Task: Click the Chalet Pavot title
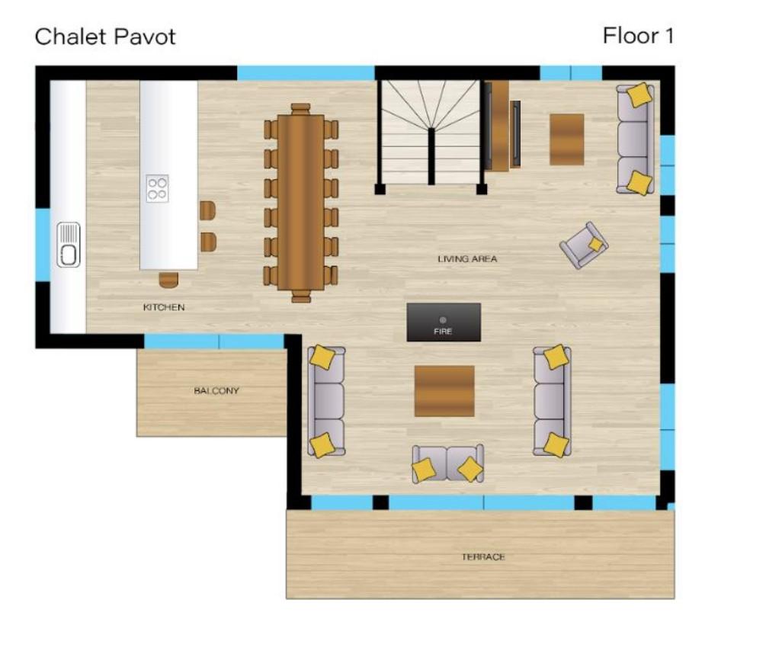pyautogui.click(x=105, y=37)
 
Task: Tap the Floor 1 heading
pyautogui.click(x=638, y=36)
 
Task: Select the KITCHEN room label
pyautogui.click(x=164, y=307)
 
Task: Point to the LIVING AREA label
pyautogui.click(x=467, y=259)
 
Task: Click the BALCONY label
pyautogui.click(x=216, y=391)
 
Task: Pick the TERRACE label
pyautogui.click(x=483, y=556)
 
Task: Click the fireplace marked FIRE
pyautogui.click(x=444, y=322)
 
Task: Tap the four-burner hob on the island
pyautogui.click(x=157, y=188)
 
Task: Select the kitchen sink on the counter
pyautogui.click(x=69, y=245)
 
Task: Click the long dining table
pyautogui.click(x=301, y=202)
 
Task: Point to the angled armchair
pyautogui.click(x=584, y=245)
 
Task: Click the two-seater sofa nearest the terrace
pyautogui.click(x=448, y=463)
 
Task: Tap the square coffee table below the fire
pyautogui.click(x=444, y=391)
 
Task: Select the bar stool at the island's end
pyautogui.click(x=168, y=281)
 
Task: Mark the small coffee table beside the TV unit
pyautogui.click(x=566, y=139)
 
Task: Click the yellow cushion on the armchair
pyautogui.click(x=595, y=244)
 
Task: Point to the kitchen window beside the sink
pyautogui.click(x=43, y=245)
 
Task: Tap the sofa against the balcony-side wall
pyautogui.click(x=326, y=402)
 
